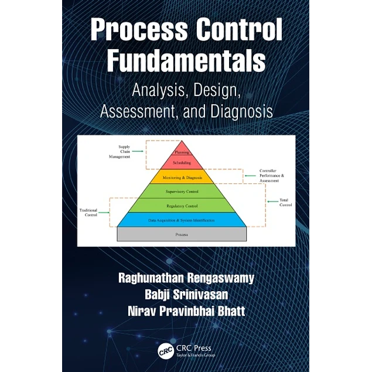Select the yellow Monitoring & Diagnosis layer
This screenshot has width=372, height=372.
[182, 176]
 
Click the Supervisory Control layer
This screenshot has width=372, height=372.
[182, 191]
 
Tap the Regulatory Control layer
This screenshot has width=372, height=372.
[182, 206]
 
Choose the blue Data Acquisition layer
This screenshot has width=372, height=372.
[182, 220]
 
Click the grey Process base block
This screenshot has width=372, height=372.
[182, 234]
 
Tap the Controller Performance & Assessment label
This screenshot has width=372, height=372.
[271, 176]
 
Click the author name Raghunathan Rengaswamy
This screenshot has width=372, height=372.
[186, 278]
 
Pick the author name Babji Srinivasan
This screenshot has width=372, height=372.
[186, 294]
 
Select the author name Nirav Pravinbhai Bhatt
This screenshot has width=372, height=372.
[186, 310]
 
